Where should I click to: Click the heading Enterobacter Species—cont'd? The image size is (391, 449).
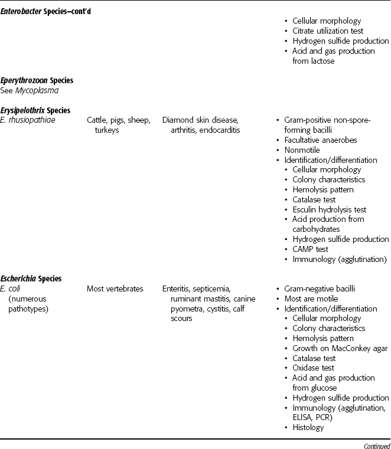[45, 11]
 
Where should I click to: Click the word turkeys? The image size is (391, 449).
[107, 130]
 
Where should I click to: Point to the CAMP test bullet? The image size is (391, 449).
[314, 249]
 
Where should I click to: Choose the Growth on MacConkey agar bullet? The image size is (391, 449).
[340, 348]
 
